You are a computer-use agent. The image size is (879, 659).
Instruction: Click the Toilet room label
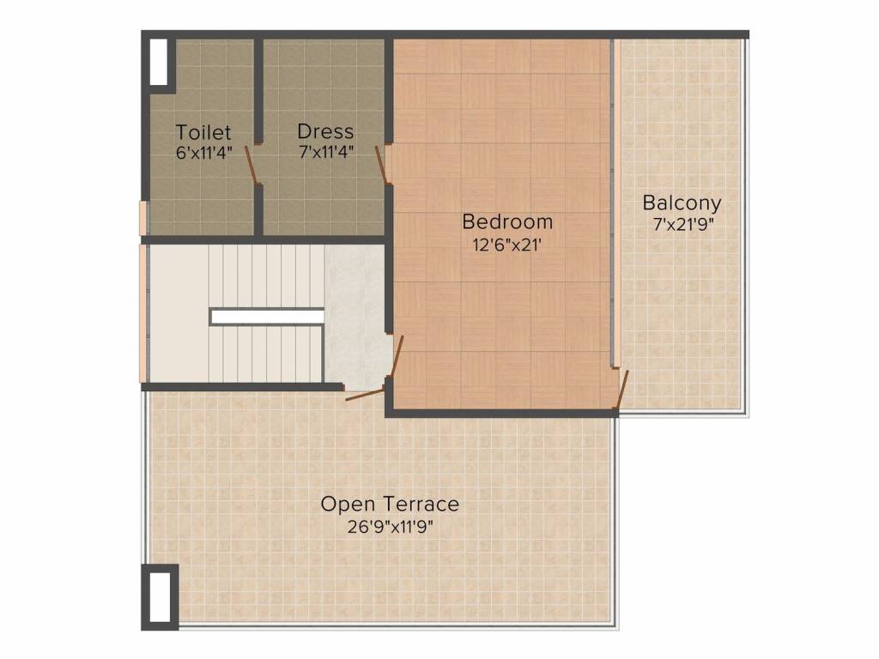tap(203, 132)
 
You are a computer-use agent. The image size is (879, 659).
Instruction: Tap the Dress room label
tap(325, 131)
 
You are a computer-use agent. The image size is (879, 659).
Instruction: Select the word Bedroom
tap(507, 222)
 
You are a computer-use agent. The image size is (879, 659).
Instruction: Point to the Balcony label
tap(682, 203)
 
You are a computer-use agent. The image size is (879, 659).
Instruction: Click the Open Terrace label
tap(390, 505)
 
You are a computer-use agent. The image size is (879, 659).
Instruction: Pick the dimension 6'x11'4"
tap(204, 153)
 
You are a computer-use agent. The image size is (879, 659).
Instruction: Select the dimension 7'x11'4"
tap(326, 152)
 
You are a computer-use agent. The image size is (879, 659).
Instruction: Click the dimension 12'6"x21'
tap(507, 245)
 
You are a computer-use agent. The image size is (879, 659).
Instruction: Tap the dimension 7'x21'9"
tap(682, 226)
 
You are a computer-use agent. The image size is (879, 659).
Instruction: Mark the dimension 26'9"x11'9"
tap(391, 528)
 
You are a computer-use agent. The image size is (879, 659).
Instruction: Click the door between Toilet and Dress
tap(252, 164)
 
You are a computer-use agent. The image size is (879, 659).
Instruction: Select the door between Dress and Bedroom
tap(381, 164)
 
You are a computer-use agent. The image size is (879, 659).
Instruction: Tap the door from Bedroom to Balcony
tap(621, 390)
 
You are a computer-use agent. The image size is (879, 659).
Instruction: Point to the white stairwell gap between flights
tap(267, 317)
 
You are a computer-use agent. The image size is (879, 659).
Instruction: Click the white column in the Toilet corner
tap(159, 62)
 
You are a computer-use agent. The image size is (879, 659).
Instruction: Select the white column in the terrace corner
tap(160, 597)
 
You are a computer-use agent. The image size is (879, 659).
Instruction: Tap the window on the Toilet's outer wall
tap(143, 218)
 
